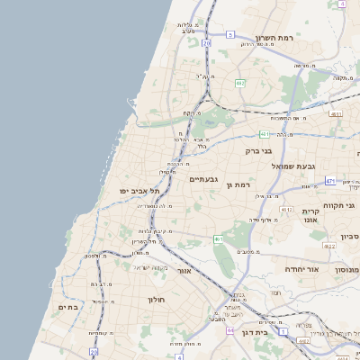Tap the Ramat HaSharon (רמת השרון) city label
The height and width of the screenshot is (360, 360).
click(x=275, y=39)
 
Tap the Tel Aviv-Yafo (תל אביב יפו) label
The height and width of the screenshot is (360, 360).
click(x=139, y=191)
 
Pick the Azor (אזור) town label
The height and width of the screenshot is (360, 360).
click(x=184, y=270)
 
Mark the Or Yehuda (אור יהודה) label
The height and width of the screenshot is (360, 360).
click(x=300, y=269)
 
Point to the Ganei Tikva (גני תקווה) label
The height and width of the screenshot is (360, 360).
click(x=344, y=205)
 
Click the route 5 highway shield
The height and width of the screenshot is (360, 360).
click(x=230, y=34)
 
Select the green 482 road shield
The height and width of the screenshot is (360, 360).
click(x=240, y=83)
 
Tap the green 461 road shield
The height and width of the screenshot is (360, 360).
click(x=219, y=239)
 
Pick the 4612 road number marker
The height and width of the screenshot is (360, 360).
click(x=287, y=209)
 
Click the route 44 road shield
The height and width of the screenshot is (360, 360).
click(x=230, y=330)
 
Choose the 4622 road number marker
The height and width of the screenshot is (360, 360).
click(x=330, y=246)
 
